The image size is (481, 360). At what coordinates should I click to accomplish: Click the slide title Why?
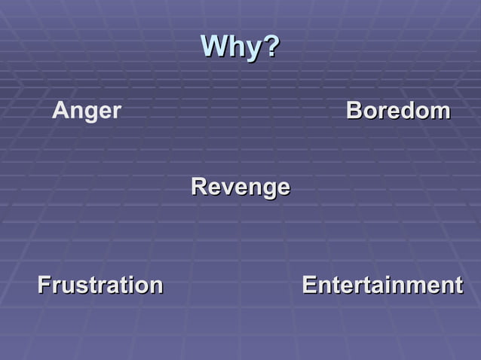(x=240, y=47)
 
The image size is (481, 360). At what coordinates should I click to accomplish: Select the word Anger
(x=87, y=111)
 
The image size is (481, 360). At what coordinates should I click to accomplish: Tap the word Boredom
(x=398, y=111)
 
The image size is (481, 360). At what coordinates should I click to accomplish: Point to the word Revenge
(x=240, y=186)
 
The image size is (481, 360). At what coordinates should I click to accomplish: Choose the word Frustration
(x=100, y=285)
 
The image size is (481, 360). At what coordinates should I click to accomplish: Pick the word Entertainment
(x=382, y=285)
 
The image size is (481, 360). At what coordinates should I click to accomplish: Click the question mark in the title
(x=272, y=47)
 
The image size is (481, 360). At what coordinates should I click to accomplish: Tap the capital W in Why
(x=214, y=47)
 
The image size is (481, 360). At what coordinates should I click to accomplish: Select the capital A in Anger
(x=60, y=111)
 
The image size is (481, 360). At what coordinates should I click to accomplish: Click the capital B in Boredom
(x=354, y=111)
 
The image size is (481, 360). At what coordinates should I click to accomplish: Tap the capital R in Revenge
(x=199, y=186)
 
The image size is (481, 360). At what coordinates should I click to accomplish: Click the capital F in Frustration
(x=44, y=285)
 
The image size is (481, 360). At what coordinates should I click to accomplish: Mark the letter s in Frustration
(x=80, y=286)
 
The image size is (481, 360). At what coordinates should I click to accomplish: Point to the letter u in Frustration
(x=68, y=286)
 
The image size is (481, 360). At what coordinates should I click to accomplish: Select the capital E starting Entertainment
(x=308, y=285)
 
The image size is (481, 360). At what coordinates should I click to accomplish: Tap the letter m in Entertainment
(x=417, y=286)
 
